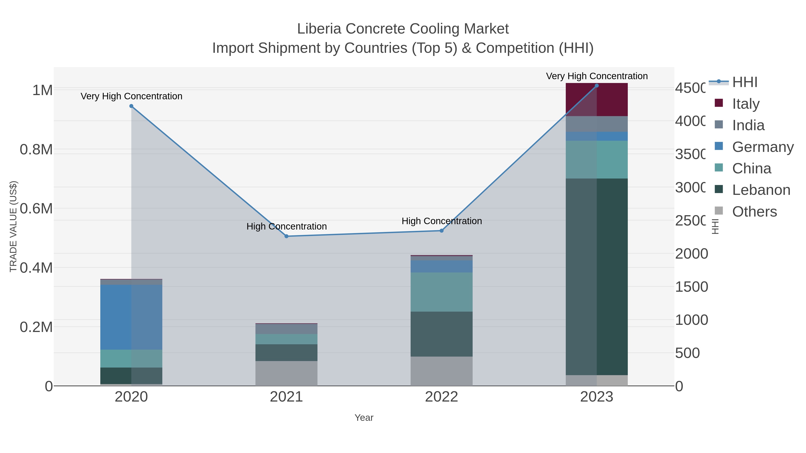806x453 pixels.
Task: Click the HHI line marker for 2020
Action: pyautogui.click(x=131, y=106)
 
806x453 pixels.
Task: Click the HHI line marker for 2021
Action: pyautogui.click(x=286, y=236)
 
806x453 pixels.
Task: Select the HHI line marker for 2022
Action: pyautogui.click(x=442, y=231)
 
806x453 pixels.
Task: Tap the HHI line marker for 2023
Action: pyautogui.click(x=597, y=86)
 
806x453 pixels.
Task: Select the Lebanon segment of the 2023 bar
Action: pyautogui.click(x=597, y=277)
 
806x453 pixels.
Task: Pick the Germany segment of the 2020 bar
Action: pyautogui.click(x=131, y=317)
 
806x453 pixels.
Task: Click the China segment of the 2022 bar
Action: pyautogui.click(x=442, y=292)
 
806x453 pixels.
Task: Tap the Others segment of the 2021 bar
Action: pyautogui.click(x=286, y=373)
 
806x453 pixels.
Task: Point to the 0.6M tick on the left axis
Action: pyautogui.click(x=36, y=208)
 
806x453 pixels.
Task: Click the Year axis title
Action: pyautogui.click(x=364, y=418)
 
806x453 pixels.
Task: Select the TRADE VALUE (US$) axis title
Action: pyautogui.click(x=13, y=226)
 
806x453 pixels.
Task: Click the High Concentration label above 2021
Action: pyautogui.click(x=286, y=226)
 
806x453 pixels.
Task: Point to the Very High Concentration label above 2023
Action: pyautogui.click(x=597, y=76)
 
